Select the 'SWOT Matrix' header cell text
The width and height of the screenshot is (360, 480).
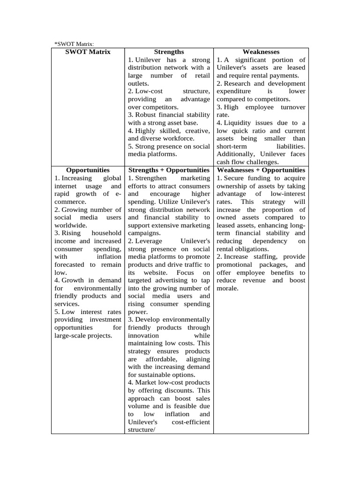[x=88, y=52]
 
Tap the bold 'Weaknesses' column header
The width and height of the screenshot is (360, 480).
[x=261, y=52]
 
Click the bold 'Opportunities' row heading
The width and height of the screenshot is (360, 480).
[x=88, y=170]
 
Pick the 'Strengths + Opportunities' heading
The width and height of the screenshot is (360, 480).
[x=169, y=170]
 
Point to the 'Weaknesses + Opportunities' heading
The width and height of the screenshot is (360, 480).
[x=261, y=170]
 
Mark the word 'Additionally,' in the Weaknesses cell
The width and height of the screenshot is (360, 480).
[x=236, y=154]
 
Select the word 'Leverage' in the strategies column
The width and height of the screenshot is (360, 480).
[x=149, y=241]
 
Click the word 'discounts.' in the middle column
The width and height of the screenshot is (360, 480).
[x=180, y=390]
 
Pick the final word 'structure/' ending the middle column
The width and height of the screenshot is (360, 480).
[x=142, y=430]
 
